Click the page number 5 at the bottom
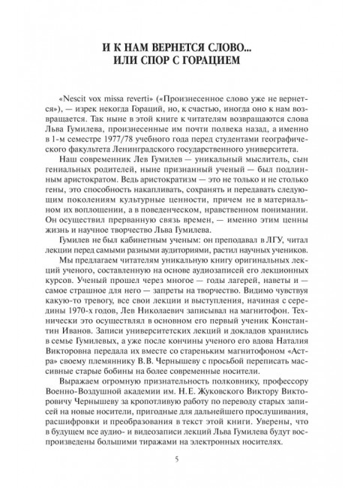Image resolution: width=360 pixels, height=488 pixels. point(180,460)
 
